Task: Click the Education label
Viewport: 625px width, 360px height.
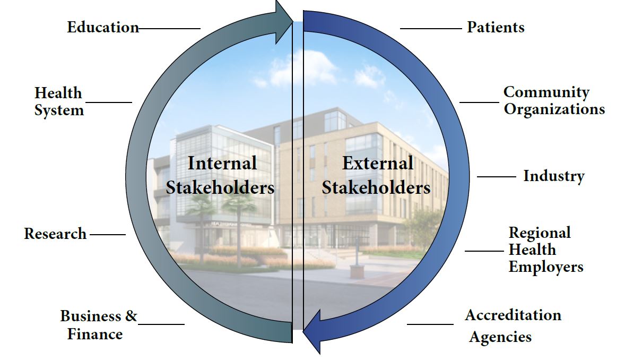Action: point(103,27)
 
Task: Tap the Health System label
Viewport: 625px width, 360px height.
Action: point(59,101)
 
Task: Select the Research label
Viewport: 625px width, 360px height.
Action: point(55,234)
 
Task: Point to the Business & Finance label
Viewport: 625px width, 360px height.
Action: point(99,325)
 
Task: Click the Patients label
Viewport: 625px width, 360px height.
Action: point(496,27)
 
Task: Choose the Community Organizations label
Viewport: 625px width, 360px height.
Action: point(554,100)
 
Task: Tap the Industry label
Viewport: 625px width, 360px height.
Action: point(554,176)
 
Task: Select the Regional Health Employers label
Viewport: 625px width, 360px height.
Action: point(545,250)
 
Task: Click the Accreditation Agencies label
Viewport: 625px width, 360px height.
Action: point(513,325)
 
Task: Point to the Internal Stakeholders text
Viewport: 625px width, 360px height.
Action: point(220,175)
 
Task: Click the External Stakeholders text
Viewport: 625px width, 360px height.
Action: point(376,175)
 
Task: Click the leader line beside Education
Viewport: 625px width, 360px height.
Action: point(169,28)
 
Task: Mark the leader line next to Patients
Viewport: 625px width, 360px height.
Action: point(430,28)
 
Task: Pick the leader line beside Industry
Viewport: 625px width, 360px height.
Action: point(496,176)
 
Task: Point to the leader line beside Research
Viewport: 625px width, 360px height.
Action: point(108,234)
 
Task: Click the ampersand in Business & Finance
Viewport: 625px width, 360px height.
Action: point(131,316)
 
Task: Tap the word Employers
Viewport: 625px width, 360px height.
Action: point(545,267)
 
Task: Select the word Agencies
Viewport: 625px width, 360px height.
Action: point(500,337)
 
